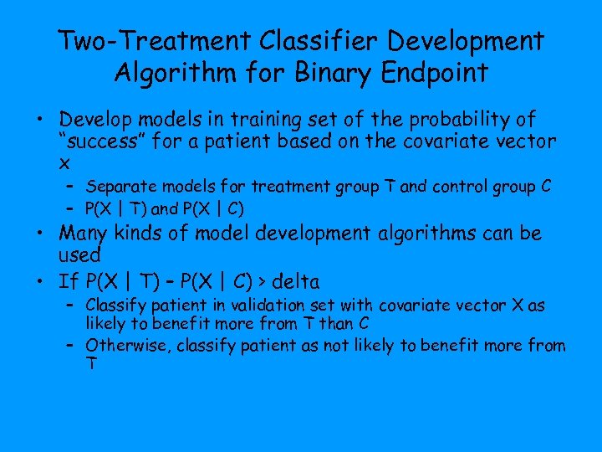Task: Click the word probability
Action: point(462,120)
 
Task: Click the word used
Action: point(80,254)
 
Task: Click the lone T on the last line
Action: point(90,362)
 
